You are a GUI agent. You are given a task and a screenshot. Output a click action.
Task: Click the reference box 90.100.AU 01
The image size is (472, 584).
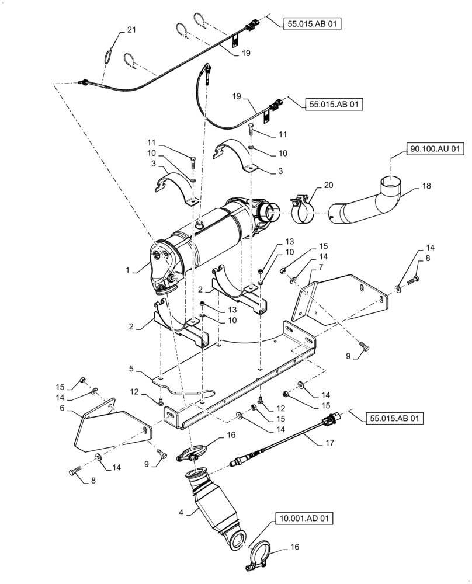coord(433,150)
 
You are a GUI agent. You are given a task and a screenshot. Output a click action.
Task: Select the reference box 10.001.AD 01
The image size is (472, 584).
coord(301,517)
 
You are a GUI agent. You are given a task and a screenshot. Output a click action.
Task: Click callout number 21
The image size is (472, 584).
coord(131,30)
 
